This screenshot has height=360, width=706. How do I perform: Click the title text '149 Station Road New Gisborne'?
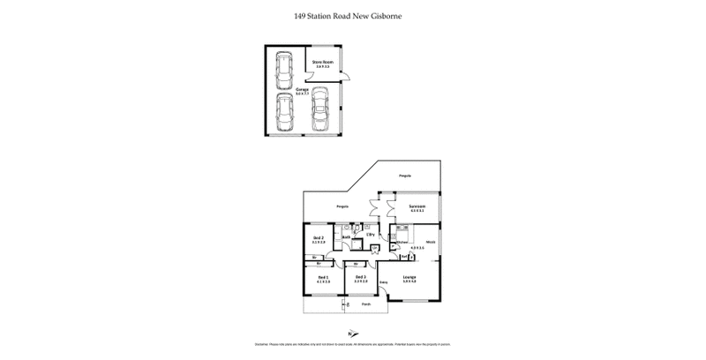pos(353,15)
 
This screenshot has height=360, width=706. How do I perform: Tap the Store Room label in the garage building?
pos(322,62)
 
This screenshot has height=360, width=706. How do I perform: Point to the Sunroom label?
pos(418,207)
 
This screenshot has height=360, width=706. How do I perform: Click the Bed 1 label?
pos(323,279)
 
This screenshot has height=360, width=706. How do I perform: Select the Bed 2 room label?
pos(319,238)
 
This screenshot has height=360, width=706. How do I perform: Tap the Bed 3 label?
pos(360,279)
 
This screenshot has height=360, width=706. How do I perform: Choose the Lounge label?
pos(409,279)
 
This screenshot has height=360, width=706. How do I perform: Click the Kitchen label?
pos(402,241)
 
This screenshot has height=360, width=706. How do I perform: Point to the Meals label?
pos(431,241)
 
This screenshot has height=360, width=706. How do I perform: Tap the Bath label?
pos(348,236)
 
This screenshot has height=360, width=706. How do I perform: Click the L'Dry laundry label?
pos(372,235)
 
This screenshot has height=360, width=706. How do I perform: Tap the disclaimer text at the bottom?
pos(353,347)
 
